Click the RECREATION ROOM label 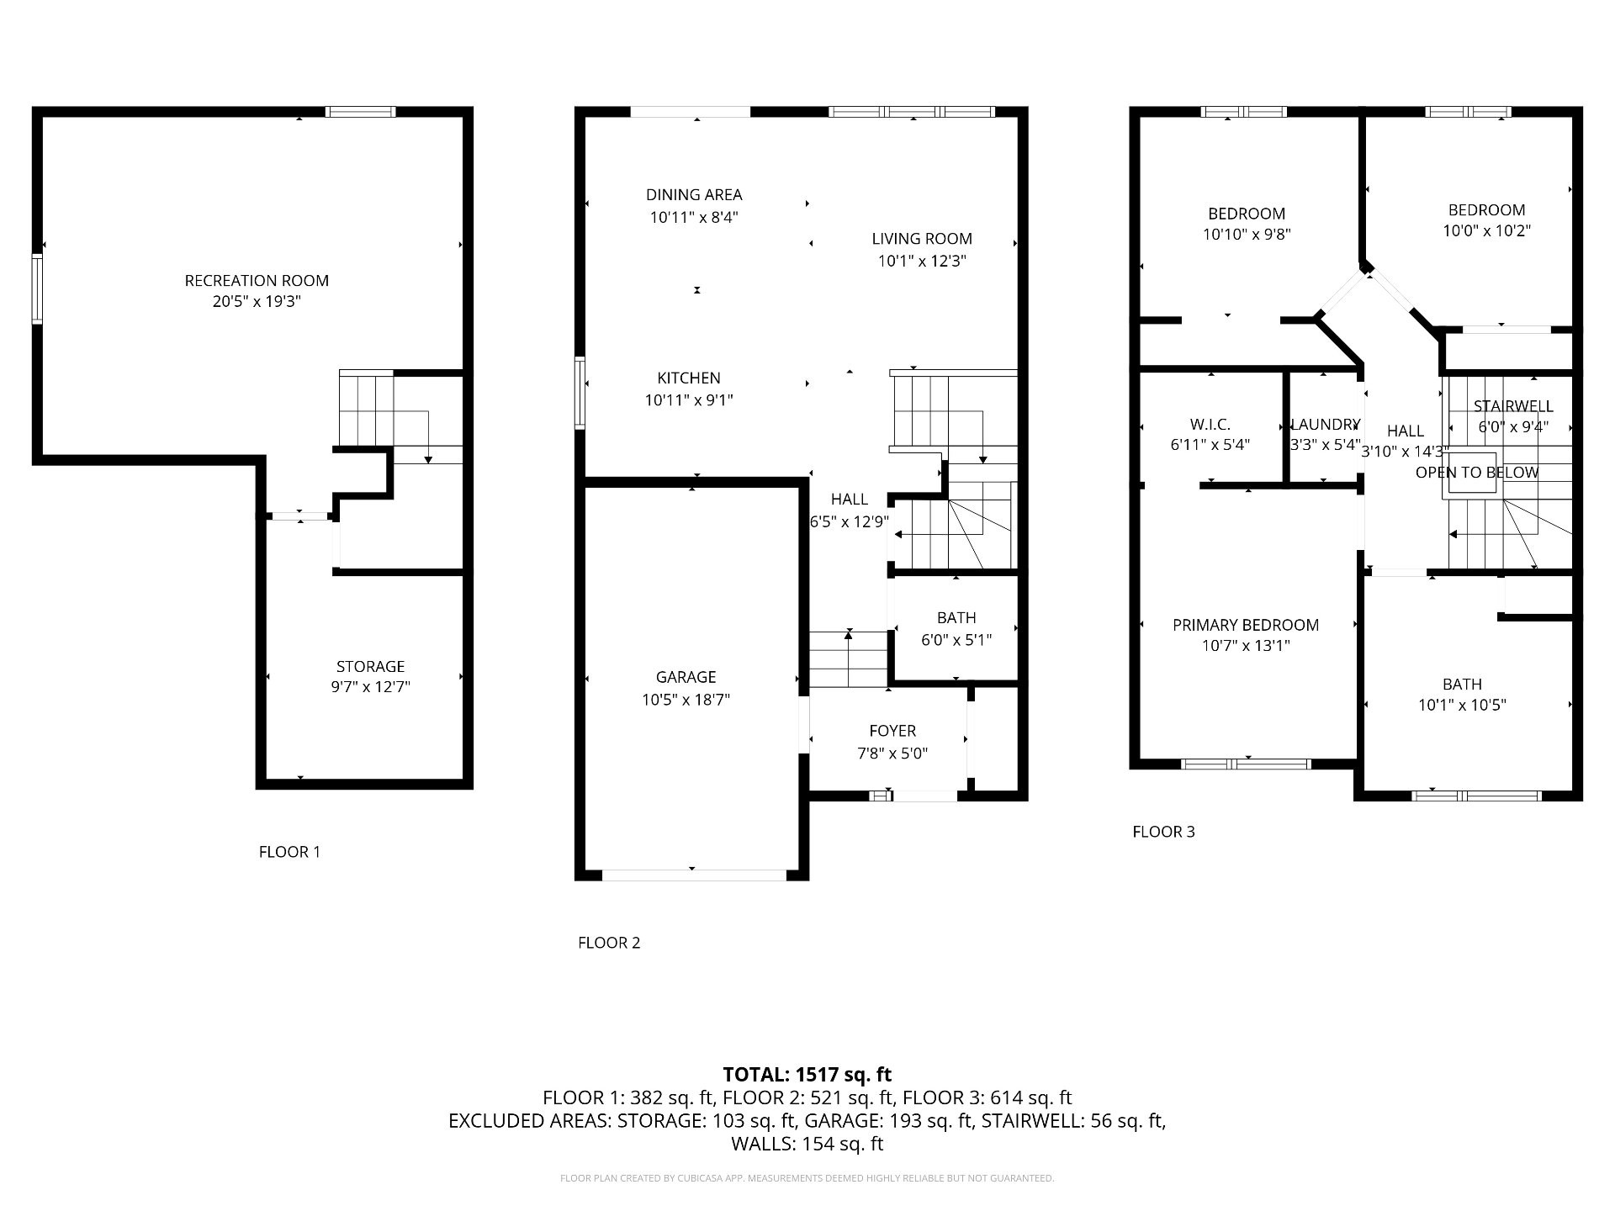tap(257, 281)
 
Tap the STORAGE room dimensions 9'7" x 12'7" tap(370, 687)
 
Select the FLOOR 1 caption tap(289, 852)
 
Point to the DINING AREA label tap(694, 195)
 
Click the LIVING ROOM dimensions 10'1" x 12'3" tap(922, 261)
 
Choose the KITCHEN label tap(689, 378)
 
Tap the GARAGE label tap(686, 677)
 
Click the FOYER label tap(892, 732)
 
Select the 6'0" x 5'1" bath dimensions tap(956, 640)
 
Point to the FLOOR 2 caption tap(609, 943)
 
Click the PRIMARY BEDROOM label tap(1246, 625)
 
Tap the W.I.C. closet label tap(1210, 425)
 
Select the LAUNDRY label tap(1325, 425)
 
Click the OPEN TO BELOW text tap(1477, 473)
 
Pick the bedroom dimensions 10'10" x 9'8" tap(1247, 235)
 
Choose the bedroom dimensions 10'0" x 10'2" tap(1486, 230)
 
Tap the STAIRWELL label tap(1513, 406)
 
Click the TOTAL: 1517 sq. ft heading tap(807, 1075)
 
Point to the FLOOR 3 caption tap(1163, 832)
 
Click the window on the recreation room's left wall tap(37, 288)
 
